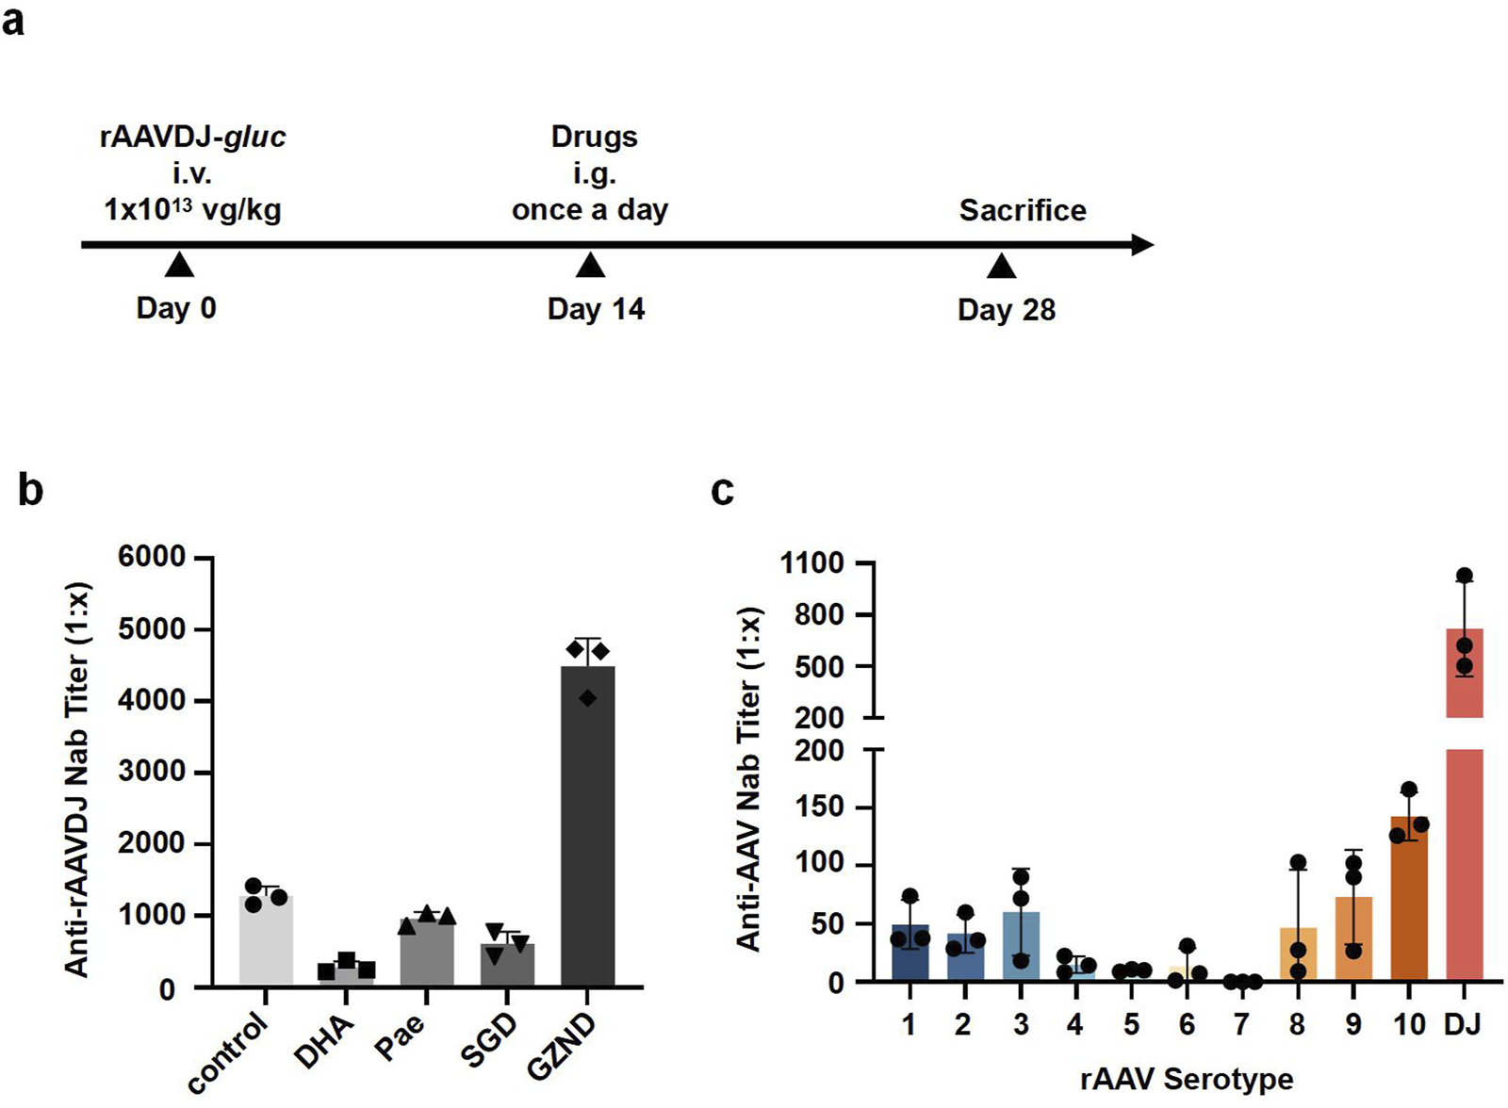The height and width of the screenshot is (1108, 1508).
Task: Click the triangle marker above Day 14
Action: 590,267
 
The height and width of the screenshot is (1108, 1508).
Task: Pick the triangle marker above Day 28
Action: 1001,268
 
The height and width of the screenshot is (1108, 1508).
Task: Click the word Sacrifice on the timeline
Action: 1022,210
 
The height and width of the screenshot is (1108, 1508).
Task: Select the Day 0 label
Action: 176,308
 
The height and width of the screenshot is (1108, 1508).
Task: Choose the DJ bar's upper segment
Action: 1464,673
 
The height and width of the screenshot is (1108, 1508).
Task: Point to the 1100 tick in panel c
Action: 811,563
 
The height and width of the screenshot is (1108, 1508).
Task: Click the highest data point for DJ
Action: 1464,576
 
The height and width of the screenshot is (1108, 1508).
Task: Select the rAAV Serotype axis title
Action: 1187,1079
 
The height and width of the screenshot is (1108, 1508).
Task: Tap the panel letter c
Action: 722,490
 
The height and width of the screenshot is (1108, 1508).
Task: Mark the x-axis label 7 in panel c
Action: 1241,1025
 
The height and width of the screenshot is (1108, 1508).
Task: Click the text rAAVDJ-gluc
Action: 192,138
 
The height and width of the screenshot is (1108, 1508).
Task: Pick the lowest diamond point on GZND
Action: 588,698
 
